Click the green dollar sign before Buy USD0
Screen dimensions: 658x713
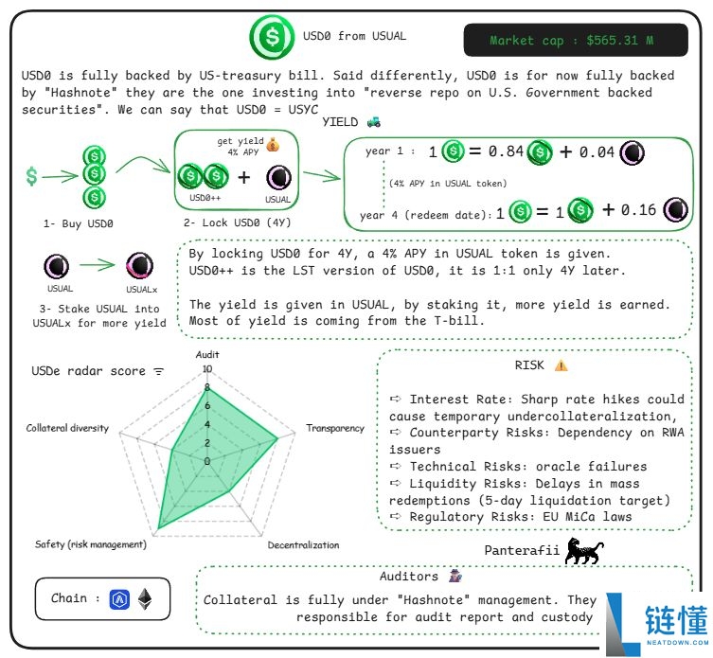click(32, 176)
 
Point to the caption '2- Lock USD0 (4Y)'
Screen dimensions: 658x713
click(237, 223)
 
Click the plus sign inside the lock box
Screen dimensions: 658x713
click(243, 177)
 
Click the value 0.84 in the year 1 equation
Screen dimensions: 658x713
click(504, 152)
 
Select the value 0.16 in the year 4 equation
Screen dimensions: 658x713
click(638, 210)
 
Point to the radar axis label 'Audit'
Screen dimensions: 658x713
click(206, 354)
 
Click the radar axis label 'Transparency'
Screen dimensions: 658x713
click(334, 429)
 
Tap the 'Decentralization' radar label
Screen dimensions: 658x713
click(303, 545)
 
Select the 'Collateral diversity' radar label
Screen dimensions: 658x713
click(67, 428)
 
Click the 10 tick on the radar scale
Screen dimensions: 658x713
click(207, 369)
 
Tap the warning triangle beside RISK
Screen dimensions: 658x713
click(561, 365)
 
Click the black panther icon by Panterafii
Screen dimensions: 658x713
click(583, 551)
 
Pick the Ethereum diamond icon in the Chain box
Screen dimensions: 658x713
click(145, 598)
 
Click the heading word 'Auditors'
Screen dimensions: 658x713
click(409, 576)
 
